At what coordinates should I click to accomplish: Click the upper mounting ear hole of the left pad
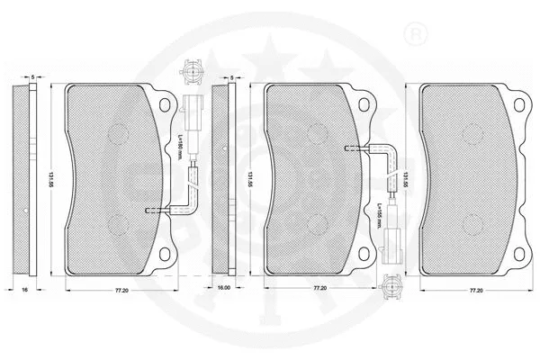[165, 103]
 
